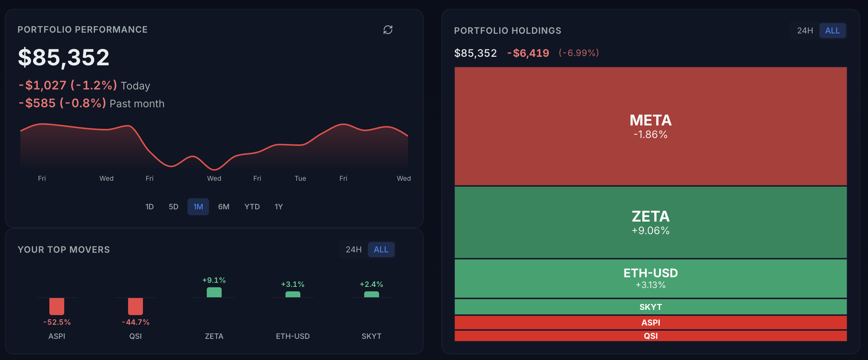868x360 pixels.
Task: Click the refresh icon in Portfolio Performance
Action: pos(388,30)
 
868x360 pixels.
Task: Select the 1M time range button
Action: pos(198,207)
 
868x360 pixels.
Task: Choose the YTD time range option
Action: pos(252,207)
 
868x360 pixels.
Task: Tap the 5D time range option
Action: pos(173,207)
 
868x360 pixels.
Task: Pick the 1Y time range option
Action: pos(278,207)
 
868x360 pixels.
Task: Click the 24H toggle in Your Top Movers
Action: pos(353,249)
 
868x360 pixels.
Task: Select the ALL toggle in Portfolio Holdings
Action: pos(832,31)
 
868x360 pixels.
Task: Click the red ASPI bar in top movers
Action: pos(57,306)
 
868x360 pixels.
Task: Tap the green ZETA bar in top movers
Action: pos(214,292)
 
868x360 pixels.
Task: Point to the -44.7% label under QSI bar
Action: pos(136,322)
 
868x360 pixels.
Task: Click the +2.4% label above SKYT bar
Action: pos(371,284)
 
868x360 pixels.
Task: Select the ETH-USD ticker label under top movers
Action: pos(293,336)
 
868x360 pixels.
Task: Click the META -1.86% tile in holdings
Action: pos(650,126)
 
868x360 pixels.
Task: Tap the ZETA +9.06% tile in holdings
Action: pos(650,222)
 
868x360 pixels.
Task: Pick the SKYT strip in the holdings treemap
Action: pos(650,307)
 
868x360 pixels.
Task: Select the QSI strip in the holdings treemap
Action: pos(650,336)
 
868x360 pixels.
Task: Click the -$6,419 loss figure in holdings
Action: pos(528,53)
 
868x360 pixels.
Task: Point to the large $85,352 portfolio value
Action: pos(64,58)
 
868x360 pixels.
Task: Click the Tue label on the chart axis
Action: pos(300,179)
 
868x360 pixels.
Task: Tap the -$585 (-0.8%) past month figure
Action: pos(62,103)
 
